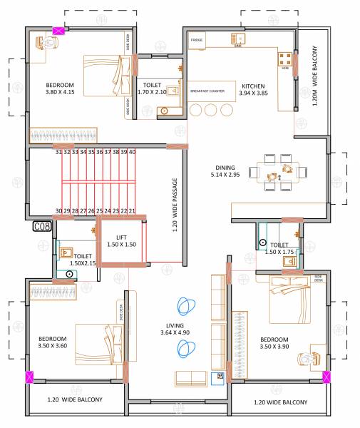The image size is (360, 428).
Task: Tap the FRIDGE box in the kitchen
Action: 197,41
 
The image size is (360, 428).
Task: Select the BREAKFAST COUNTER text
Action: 207,91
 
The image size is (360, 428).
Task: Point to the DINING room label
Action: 223,166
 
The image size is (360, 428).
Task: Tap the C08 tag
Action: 42,227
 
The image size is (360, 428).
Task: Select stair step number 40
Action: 132,152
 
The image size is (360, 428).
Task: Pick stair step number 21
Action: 132,211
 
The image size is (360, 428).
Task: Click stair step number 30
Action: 59,211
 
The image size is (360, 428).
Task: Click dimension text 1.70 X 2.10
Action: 151,92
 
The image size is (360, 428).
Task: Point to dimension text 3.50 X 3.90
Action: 274,347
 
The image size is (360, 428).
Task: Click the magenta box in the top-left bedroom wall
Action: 58,31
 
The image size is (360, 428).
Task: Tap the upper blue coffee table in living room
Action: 186,307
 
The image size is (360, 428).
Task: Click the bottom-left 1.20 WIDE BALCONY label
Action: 75,400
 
